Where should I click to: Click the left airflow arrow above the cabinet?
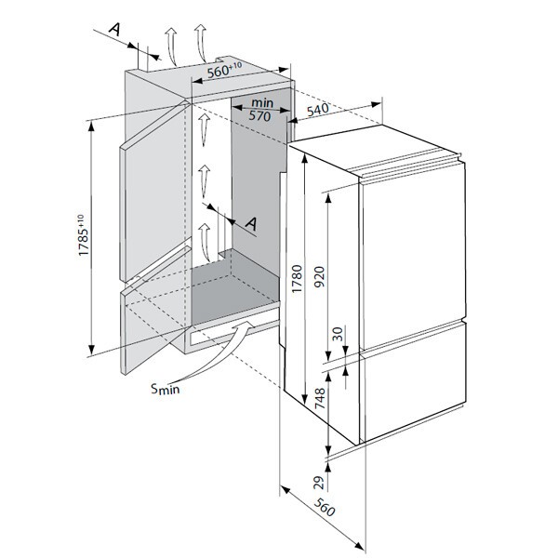pos(170,42)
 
